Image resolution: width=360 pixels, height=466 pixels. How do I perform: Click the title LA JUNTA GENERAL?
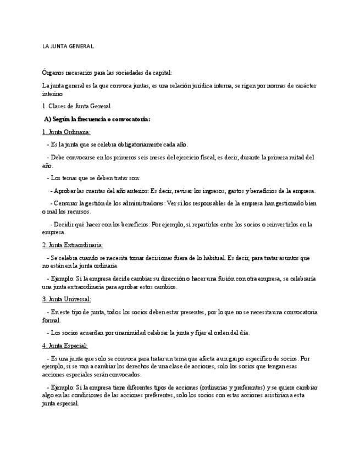point(68,46)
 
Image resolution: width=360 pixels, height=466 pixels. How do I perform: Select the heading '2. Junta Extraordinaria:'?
point(73,245)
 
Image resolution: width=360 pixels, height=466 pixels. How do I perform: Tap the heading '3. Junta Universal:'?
point(67,299)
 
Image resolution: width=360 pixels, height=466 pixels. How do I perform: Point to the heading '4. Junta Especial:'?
point(65,346)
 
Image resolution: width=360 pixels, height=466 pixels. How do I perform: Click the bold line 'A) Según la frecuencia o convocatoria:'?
point(97,119)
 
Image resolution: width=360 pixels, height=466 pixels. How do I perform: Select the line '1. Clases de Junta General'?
point(76,106)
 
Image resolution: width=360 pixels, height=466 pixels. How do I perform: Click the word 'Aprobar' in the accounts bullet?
point(64,191)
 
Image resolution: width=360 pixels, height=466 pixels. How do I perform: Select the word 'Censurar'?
point(67,203)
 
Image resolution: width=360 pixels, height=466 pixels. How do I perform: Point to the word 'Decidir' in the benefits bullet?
point(63,224)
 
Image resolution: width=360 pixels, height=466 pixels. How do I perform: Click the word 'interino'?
point(53,94)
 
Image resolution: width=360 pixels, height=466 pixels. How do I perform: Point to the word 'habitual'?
point(210,258)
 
